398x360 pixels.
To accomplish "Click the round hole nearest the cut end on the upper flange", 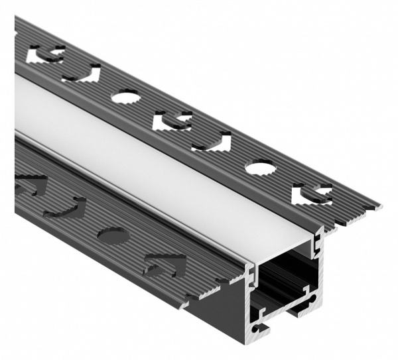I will pos(259,168).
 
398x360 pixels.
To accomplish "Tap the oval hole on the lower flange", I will pos(112,234).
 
